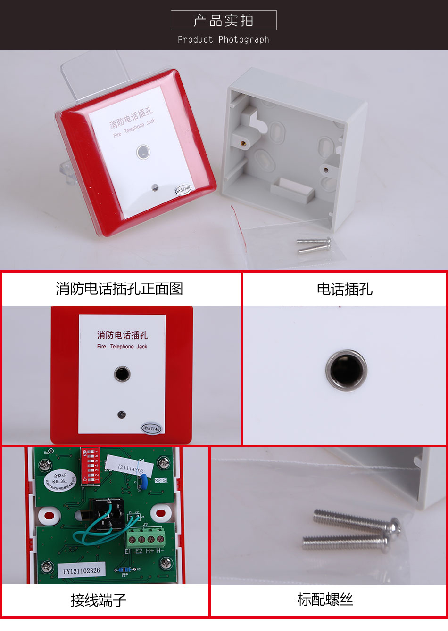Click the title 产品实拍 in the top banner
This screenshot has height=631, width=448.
click(x=224, y=20)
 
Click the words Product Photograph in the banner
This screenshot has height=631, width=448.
click(x=224, y=40)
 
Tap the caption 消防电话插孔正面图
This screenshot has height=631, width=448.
click(x=119, y=289)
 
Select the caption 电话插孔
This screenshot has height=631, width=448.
click(x=344, y=289)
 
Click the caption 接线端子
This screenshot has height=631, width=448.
click(x=99, y=600)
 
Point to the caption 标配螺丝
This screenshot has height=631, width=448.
click(x=325, y=599)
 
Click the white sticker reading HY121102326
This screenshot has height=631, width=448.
click(x=82, y=570)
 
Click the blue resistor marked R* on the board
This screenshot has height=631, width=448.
click(x=125, y=569)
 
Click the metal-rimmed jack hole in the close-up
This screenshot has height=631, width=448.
click(x=346, y=370)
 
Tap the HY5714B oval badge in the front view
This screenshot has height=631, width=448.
click(x=151, y=428)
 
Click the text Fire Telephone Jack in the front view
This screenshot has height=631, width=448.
click(x=122, y=347)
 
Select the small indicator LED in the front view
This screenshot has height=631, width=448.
click(x=121, y=414)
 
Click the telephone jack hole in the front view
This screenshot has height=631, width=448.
click(x=122, y=374)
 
